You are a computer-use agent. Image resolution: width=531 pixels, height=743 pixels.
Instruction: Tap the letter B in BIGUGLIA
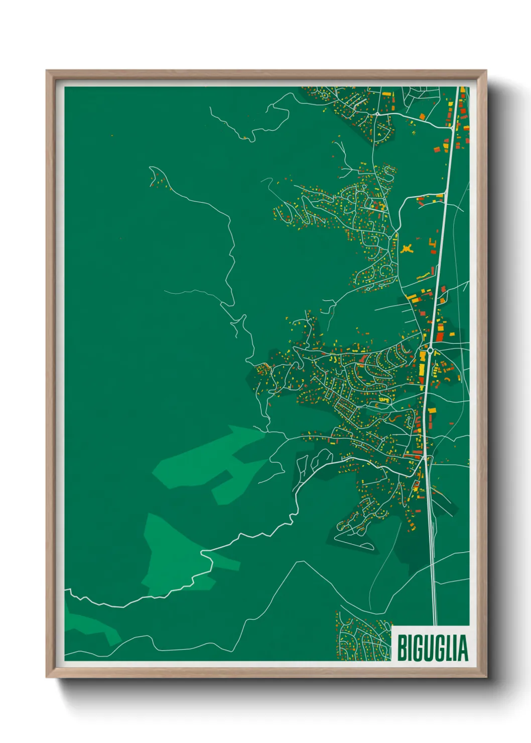pos(402,648)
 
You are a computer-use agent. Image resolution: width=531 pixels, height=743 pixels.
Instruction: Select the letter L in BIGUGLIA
pos(449,648)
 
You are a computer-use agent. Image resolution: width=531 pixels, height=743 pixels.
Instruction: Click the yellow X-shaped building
pos(407,247)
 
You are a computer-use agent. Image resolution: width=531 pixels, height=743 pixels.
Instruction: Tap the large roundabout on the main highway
pos(430,349)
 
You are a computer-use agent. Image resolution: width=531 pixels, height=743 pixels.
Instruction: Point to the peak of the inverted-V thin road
pos(300,562)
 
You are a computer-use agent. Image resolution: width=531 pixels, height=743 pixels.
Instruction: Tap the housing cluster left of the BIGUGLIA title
pos(362,635)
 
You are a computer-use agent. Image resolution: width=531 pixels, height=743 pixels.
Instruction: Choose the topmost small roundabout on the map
pos(324,94)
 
